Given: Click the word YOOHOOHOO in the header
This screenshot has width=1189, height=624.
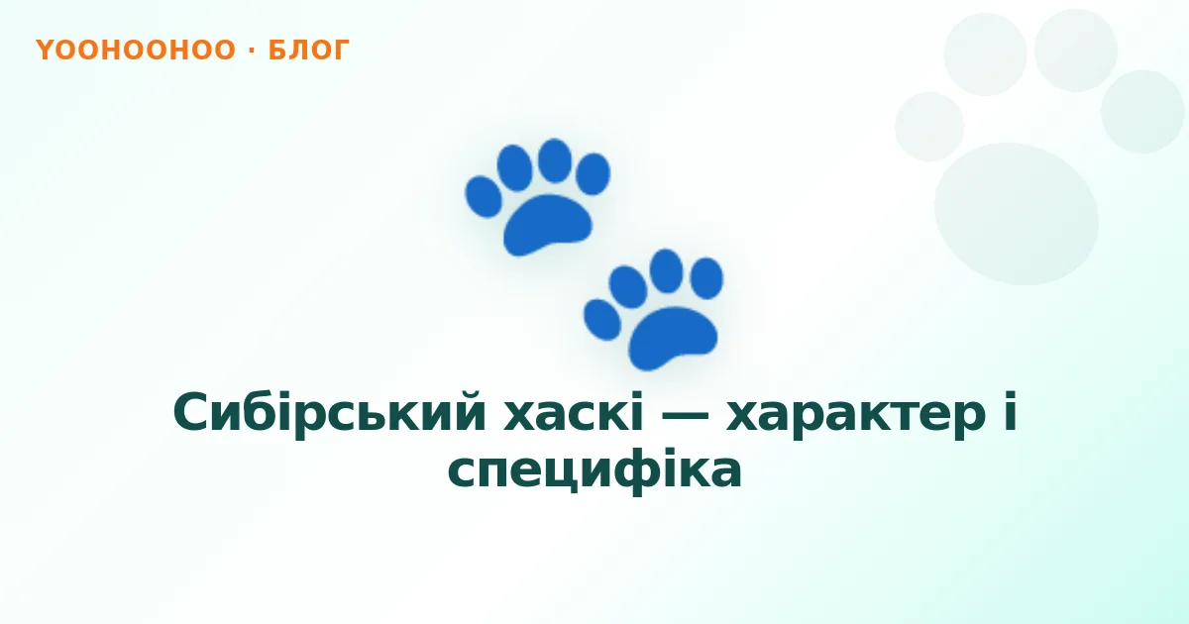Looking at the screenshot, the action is click(x=136, y=50).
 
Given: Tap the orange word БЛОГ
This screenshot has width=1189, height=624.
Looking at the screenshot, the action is click(x=309, y=50).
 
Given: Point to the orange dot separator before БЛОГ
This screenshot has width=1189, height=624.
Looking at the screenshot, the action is click(x=252, y=51).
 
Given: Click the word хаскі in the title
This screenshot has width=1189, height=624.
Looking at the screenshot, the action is click(x=574, y=413).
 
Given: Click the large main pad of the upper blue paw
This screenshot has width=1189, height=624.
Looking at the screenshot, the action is click(x=547, y=225).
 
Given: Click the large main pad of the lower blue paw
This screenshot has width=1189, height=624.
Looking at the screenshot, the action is click(x=673, y=338).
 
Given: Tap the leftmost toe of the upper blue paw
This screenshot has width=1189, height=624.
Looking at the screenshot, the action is click(x=484, y=197).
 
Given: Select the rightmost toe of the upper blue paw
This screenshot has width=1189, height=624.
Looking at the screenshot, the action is click(x=593, y=174).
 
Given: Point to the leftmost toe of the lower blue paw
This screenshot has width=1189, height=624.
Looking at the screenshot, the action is click(x=602, y=319).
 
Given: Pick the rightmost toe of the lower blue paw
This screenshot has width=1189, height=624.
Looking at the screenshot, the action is click(x=706, y=278).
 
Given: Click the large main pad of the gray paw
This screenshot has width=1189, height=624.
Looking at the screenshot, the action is click(x=1016, y=214).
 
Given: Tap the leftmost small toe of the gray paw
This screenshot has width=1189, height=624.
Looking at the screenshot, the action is click(x=929, y=127).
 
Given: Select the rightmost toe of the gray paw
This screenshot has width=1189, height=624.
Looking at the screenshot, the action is click(x=1142, y=111).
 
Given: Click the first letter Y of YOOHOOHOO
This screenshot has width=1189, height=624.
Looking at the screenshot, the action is click(x=45, y=50).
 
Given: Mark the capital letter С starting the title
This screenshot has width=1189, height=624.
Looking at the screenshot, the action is click(x=189, y=412).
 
